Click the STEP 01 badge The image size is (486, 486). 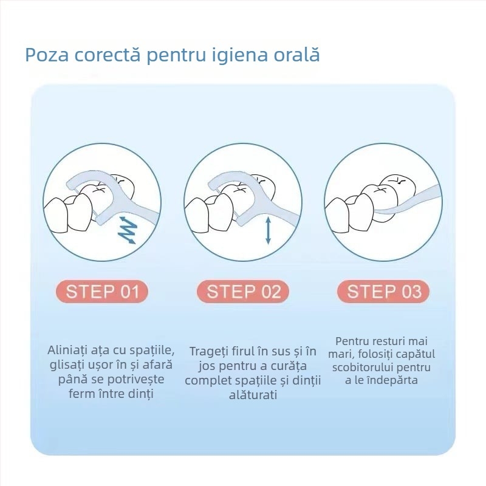102,292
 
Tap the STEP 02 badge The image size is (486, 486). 244,292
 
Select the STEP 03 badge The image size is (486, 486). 384,292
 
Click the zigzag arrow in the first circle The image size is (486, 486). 128,230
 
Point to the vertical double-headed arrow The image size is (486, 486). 269,231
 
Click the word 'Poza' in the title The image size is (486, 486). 47,55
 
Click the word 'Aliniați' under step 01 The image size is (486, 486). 67,351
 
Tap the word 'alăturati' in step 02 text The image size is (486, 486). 253,395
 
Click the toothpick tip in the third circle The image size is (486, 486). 375,211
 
